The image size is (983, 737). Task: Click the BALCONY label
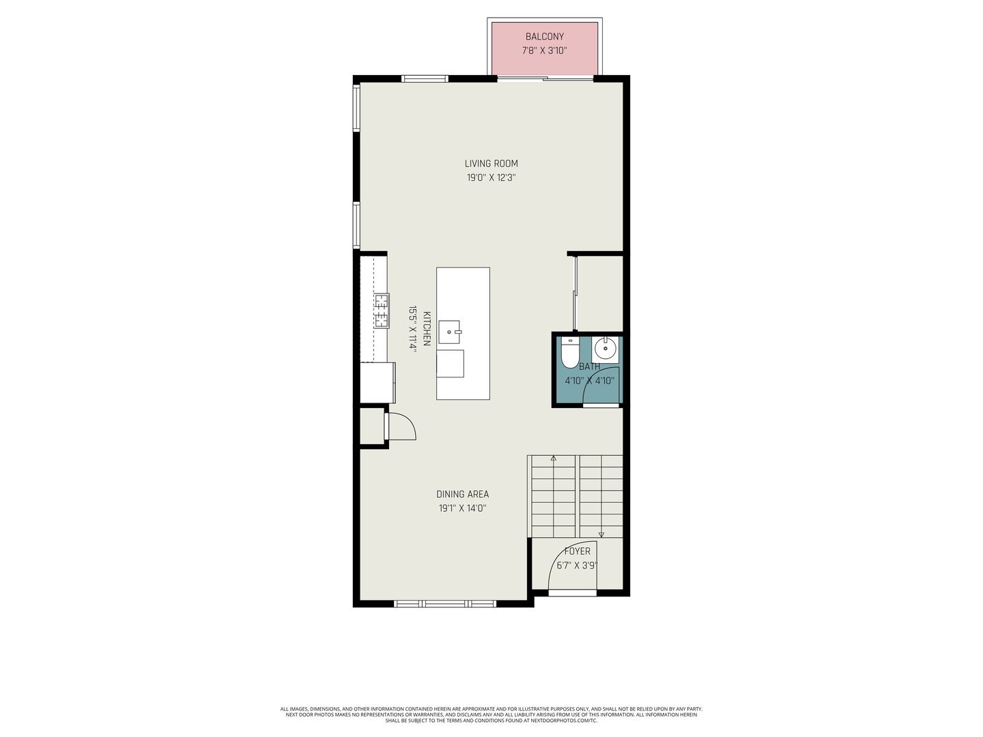click(544, 37)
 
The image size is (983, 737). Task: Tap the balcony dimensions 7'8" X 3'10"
click(544, 50)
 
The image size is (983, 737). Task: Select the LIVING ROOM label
click(491, 164)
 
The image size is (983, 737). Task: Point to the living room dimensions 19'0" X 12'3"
click(491, 177)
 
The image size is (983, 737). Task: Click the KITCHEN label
click(427, 328)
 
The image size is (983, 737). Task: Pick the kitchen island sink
click(449, 332)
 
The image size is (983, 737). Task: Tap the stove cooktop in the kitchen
click(382, 311)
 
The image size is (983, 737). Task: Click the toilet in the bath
click(571, 353)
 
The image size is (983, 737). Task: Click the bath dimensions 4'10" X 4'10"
click(589, 381)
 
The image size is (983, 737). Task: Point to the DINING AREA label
click(462, 495)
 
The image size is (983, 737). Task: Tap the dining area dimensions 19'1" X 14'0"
click(462, 508)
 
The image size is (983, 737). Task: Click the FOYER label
click(577, 551)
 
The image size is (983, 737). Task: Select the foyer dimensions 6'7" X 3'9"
click(577, 565)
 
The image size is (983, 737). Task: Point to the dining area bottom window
click(445, 604)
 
